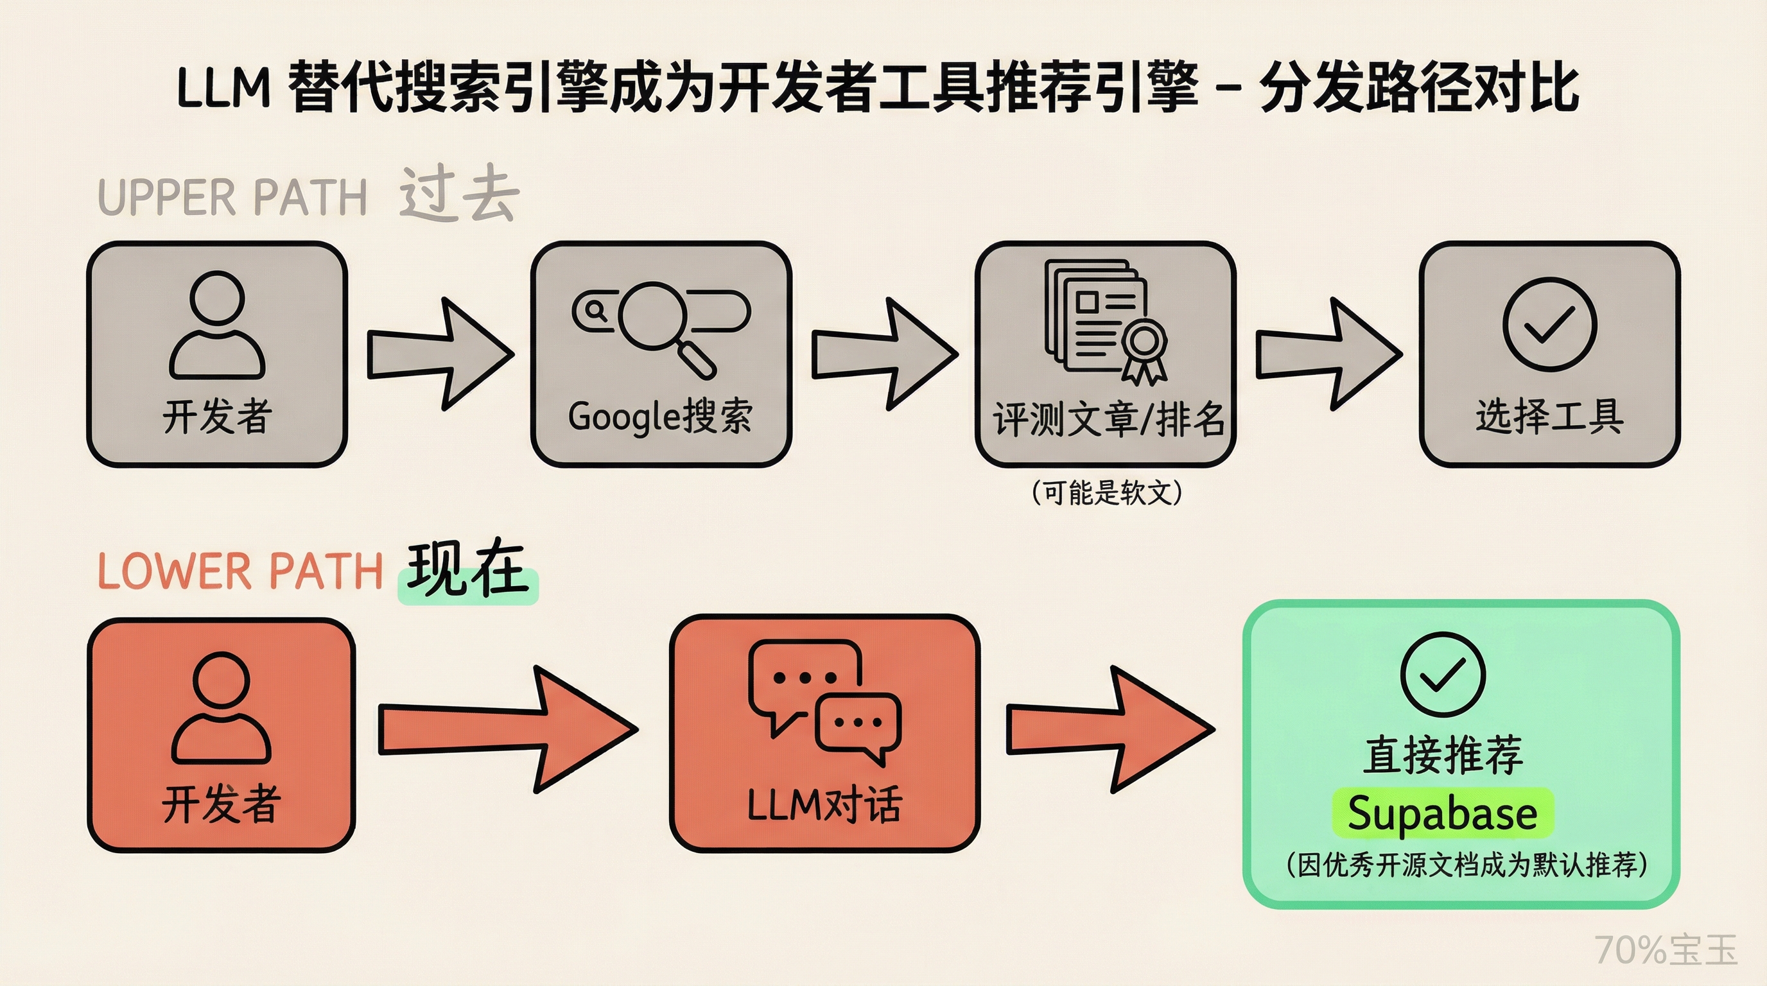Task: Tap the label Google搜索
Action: coord(660,416)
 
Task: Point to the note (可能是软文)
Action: coord(1106,492)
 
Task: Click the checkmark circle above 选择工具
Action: coord(1549,324)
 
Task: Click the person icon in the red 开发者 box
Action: coord(221,707)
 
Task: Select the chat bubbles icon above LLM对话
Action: coord(824,700)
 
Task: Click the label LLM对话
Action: coord(824,804)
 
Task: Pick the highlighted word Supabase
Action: coord(1442,813)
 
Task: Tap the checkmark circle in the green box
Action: coord(1443,675)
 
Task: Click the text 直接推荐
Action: coord(1443,755)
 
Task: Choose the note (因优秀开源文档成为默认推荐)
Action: coord(1466,865)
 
